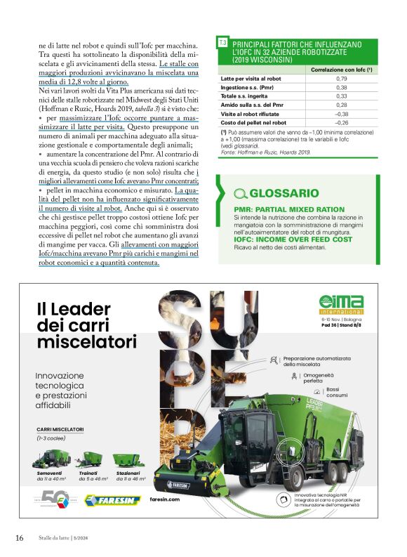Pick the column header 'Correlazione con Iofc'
click(341, 70)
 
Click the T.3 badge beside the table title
click(222, 44)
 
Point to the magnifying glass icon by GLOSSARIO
click(240, 194)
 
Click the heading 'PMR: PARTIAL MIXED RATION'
click(288, 209)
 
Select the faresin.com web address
click(166, 499)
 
